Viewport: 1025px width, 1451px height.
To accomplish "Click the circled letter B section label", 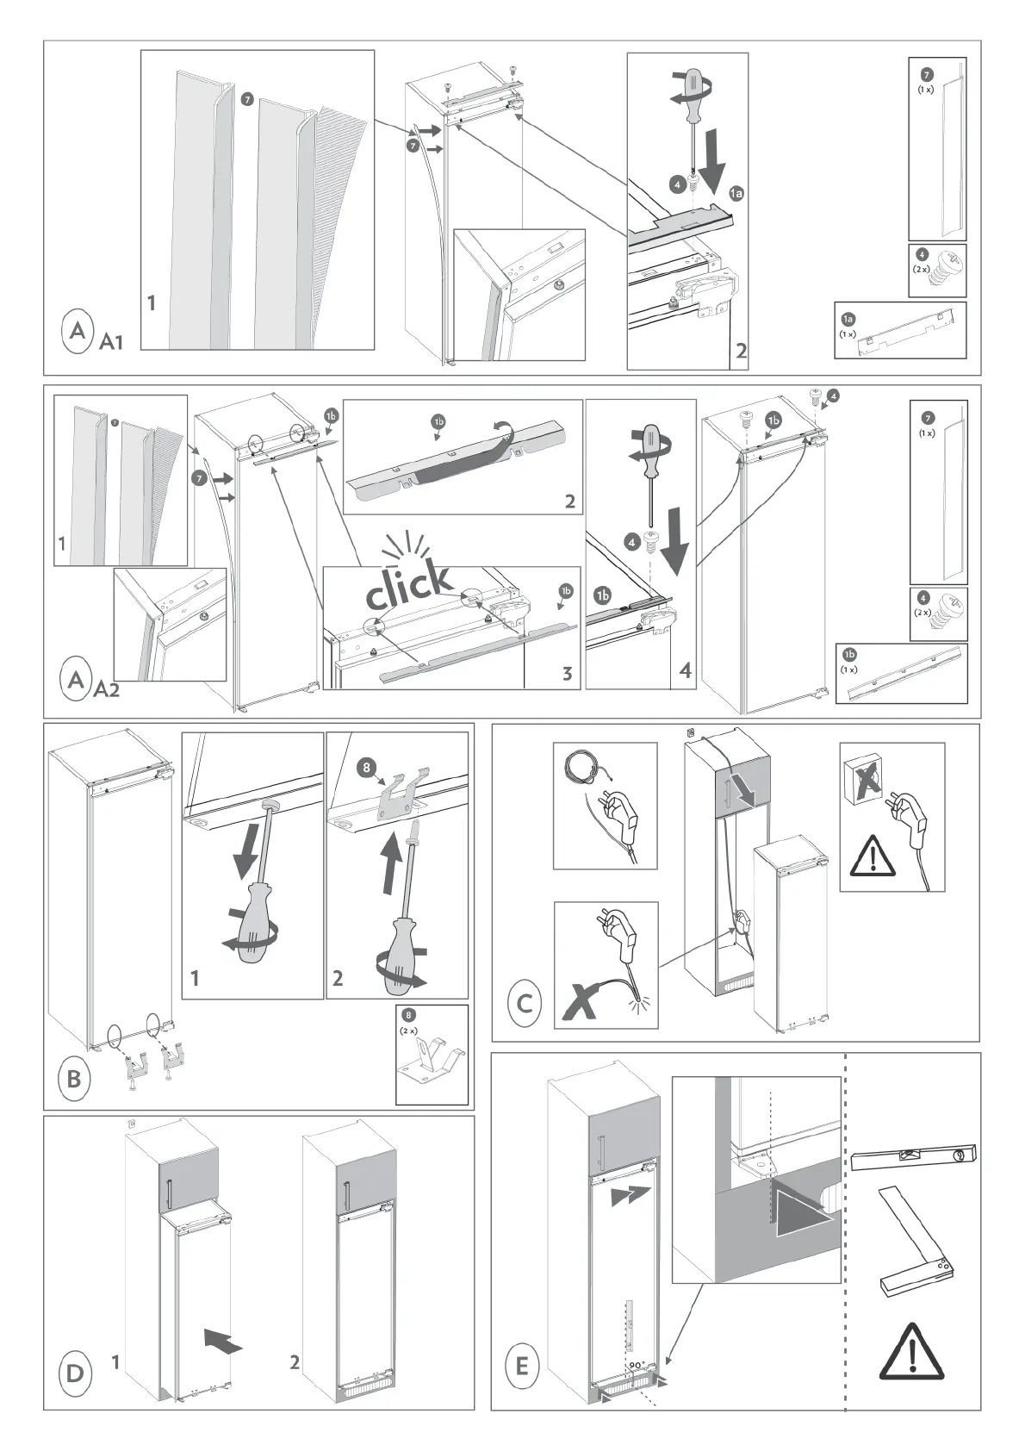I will click(74, 1077).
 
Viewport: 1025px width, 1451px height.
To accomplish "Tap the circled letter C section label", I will click(525, 1004).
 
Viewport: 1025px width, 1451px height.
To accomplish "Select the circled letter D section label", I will click(75, 1372).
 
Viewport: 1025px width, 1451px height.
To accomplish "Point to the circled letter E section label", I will click(522, 1365).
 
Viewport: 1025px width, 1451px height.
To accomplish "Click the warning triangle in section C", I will click(873, 857).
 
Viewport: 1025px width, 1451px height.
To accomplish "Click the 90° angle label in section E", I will click(637, 1365).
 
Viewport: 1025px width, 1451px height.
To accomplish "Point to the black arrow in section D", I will click(223, 1341).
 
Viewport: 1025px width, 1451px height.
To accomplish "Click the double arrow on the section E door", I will click(624, 1196).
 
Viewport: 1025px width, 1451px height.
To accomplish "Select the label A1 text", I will click(112, 343).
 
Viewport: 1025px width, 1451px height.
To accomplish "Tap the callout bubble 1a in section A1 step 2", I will click(736, 195).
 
